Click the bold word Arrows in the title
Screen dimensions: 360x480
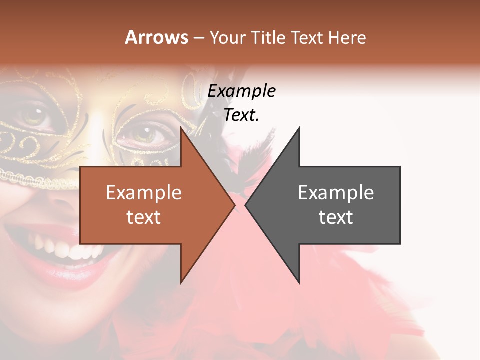pyautogui.click(x=157, y=37)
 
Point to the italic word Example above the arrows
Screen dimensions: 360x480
pyautogui.click(x=241, y=91)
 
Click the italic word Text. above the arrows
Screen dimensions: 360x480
pyautogui.click(x=241, y=115)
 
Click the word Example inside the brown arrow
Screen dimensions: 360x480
pyautogui.click(x=143, y=193)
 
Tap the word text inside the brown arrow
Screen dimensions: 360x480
pyautogui.click(x=143, y=217)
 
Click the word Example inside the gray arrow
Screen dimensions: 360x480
pyautogui.click(x=336, y=193)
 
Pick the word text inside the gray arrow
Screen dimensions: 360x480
pyautogui.click(x=336, y=217)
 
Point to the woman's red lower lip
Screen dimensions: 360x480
pyautogui.click(x=75, y=272)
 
